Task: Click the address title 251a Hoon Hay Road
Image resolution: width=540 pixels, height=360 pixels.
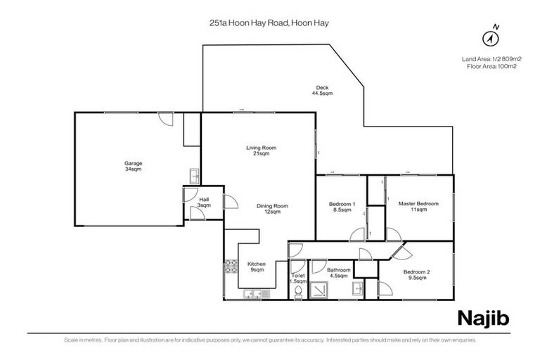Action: point(269,22)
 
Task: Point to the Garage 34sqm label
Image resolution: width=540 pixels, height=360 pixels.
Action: point(133,166)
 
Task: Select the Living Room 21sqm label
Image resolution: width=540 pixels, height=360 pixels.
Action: point(261,150)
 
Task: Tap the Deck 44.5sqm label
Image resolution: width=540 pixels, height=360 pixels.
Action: point(322,90)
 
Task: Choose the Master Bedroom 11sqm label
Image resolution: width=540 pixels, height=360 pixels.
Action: point(418,206)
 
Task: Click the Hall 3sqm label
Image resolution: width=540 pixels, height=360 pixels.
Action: point(204,203)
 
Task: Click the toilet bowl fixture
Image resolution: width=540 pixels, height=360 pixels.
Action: point(298,290)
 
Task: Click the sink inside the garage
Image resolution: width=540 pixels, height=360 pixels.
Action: point(195,175)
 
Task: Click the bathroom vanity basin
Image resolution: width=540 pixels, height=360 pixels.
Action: point(359,288)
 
